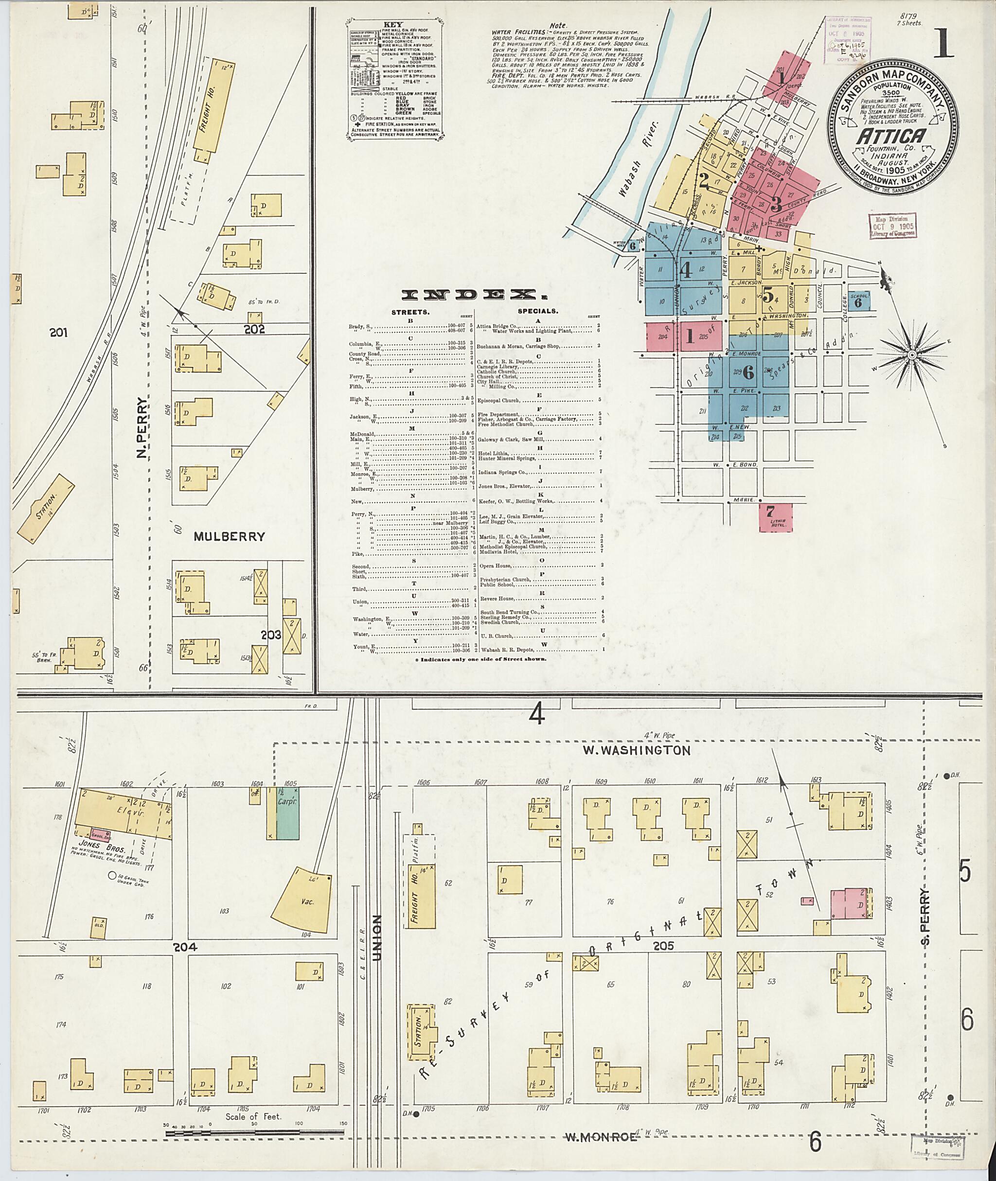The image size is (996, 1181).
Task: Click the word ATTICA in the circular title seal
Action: click(x=891, y=136)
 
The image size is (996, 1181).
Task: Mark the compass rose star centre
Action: click(x=911, y=354)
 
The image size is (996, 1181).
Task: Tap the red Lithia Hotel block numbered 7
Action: click(x=775, y=517)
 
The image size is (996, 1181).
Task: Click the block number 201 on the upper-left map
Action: click(x=58, y=333)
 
